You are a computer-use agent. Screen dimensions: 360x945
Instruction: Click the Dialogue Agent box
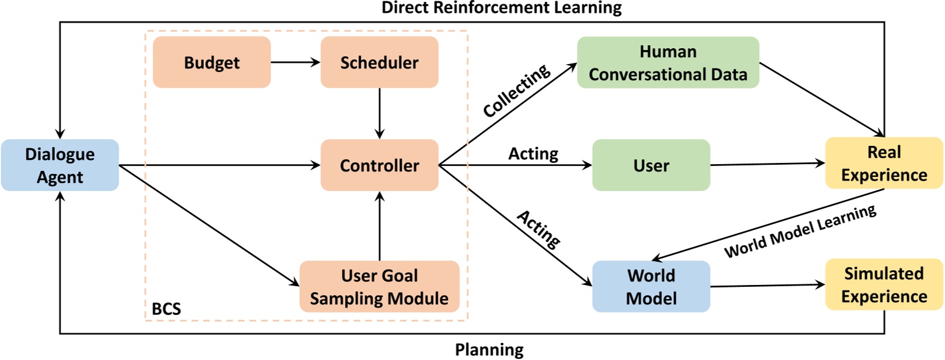click(x=60, y=165)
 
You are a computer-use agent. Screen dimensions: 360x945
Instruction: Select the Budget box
click(x=211, y=62)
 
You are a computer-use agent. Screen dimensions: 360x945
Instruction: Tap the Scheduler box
click(x=379, y=62)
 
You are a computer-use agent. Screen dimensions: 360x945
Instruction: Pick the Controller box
click(x=379, y=165)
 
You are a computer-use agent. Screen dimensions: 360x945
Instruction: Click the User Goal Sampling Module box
click(x=379, y=287)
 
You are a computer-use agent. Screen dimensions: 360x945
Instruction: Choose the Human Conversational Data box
click(x=668, y=62)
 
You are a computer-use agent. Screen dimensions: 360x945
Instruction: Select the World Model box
click(x=651, y=286)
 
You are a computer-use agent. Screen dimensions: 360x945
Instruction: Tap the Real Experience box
click(x=885, y=164)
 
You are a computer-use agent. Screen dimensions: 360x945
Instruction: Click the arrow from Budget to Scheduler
click(x=295, y=62)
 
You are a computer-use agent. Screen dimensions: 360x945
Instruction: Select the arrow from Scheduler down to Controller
click(x=380, y=113)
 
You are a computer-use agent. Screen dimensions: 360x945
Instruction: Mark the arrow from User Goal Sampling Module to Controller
click(x=380, y=225)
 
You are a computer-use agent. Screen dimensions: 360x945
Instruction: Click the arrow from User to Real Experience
click(x=767, y=164)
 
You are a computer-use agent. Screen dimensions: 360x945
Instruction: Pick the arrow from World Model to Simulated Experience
click(x=767, y=286)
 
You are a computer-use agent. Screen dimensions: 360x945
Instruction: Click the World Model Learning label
click(x=800, y=232)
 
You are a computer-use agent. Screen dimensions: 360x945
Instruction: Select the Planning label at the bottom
click(x=489, y=350)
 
